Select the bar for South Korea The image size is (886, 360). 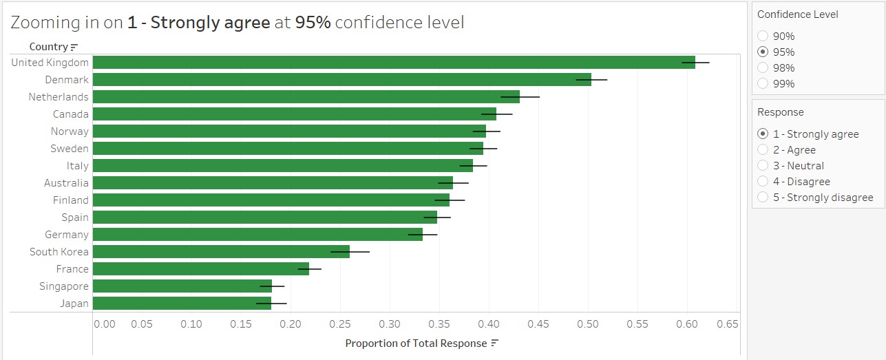coord(220,252)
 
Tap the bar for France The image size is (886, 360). coord(200,269)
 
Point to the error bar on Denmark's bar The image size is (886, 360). coord(592,80)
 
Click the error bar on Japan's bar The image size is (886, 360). coord(271,304)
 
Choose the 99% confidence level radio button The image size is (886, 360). coord(763,84)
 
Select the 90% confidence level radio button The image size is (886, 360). coord(763,36)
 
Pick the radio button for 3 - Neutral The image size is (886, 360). coord(763,166)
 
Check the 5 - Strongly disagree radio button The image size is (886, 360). coord(763,198)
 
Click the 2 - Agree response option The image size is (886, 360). coord(763,150)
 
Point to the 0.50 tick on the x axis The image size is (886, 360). coord(588,324)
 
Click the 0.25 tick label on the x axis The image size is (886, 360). coord(340,324)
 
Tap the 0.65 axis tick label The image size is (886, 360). coord(728,324)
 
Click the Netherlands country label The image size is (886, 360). coord(59,97)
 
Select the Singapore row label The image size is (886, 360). coord(64,286)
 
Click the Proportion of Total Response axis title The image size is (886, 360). coord(415,343)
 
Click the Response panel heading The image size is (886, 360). coord(781,112)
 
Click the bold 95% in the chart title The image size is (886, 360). coord(313,23)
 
